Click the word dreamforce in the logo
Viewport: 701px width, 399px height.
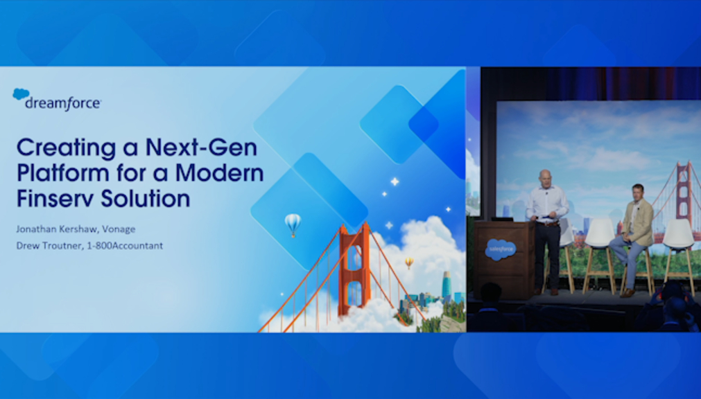coord(63,103)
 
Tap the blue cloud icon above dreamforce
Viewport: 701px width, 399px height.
coord(21,94)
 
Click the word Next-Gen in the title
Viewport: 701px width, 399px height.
coord(201,148)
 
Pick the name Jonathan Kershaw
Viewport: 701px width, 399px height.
coord(58,229)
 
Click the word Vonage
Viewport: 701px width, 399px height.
coord(119,229)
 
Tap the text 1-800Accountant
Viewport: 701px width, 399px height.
coord(125,245)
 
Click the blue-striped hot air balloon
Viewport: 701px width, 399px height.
coord(293,224)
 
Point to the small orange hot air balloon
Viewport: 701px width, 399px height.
coord(409,263)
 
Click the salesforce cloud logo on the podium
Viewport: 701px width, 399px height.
coord(501,249)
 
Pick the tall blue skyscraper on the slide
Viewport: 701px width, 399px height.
coord(447,286)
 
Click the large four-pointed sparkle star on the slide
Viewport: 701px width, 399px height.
coord(395,181)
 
